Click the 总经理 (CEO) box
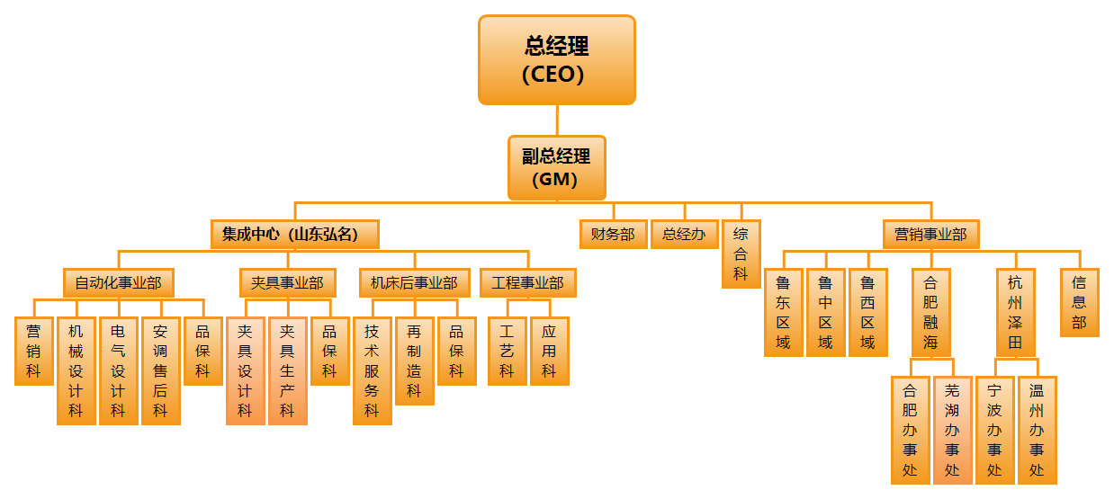pos(556,59)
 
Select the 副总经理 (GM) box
pos(556,167)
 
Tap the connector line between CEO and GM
pos(556,120)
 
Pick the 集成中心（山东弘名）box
pos(294,235)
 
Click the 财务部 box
pos(612,235)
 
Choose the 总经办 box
pos(683,235)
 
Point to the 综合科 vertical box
pos(741,254)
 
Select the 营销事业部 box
pos(930,235)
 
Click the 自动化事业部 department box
pos(118,283)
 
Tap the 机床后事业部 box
pos(414,283)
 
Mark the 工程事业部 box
pos(527,283)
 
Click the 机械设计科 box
pos(76,370)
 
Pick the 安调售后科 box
pos(160,370)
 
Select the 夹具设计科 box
pos(245,370)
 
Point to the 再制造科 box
pos(414,361)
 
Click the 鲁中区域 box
pos(825,312)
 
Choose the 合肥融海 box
pos(930,312)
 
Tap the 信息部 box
pos(1079,302)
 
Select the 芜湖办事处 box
pos(952,430)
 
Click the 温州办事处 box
pos(1037,430)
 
